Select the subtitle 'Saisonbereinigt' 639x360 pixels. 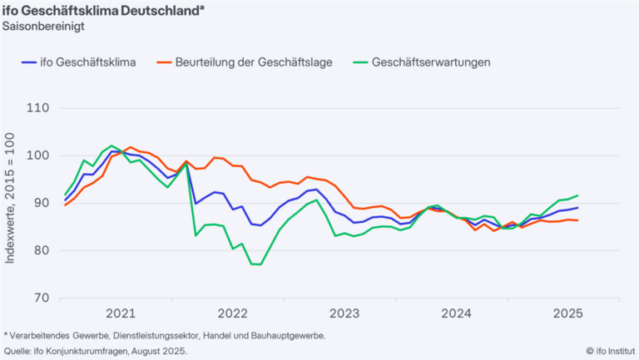(x=43, y=26)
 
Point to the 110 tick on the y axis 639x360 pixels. (x=39, y=108)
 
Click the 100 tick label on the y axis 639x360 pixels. (x=39, y=155)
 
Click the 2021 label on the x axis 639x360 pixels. (x=121, y=314)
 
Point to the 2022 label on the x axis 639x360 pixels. (x=232, y=314)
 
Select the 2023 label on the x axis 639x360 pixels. (x=344, y=314)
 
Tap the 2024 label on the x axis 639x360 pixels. (x=455, y=314)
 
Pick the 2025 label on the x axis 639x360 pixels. (x=567, y=314)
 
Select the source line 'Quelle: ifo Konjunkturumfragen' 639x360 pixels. (x=96, y=351)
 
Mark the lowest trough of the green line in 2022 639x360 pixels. (x=256, y=264)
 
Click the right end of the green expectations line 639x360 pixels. (x=577, y=195)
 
